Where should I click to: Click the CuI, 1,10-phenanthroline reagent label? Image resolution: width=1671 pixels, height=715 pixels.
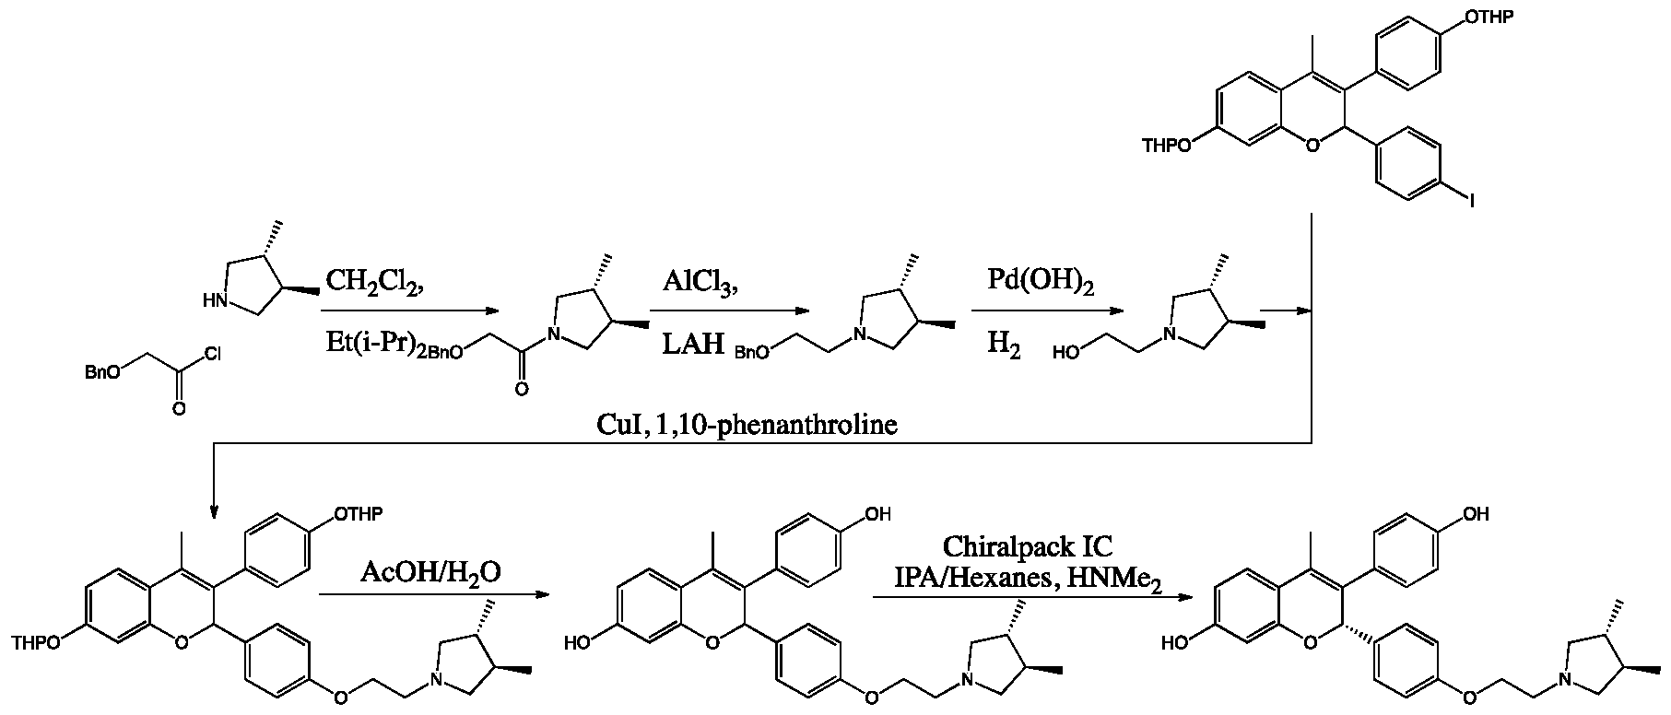coord(747,427)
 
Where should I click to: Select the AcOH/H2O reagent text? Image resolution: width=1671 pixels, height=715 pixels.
coord(430,573)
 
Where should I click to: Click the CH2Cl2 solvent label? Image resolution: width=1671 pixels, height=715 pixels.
coord(373,282)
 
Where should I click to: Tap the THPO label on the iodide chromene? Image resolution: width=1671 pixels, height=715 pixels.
coord(1167,146)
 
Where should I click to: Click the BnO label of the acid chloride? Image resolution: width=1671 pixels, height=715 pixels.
coord(99,372)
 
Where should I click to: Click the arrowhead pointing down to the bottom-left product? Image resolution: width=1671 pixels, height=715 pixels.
coord(214,512)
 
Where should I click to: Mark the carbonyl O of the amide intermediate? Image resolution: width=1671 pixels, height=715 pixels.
coord(523,390)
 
